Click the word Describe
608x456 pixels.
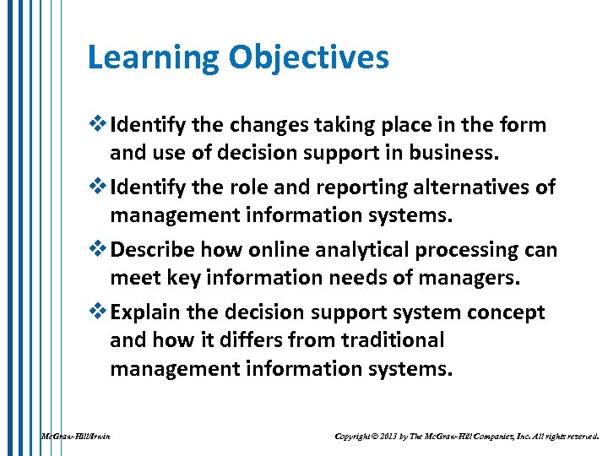click(x=152, y=251)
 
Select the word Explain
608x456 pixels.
click(x=145, y=312)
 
